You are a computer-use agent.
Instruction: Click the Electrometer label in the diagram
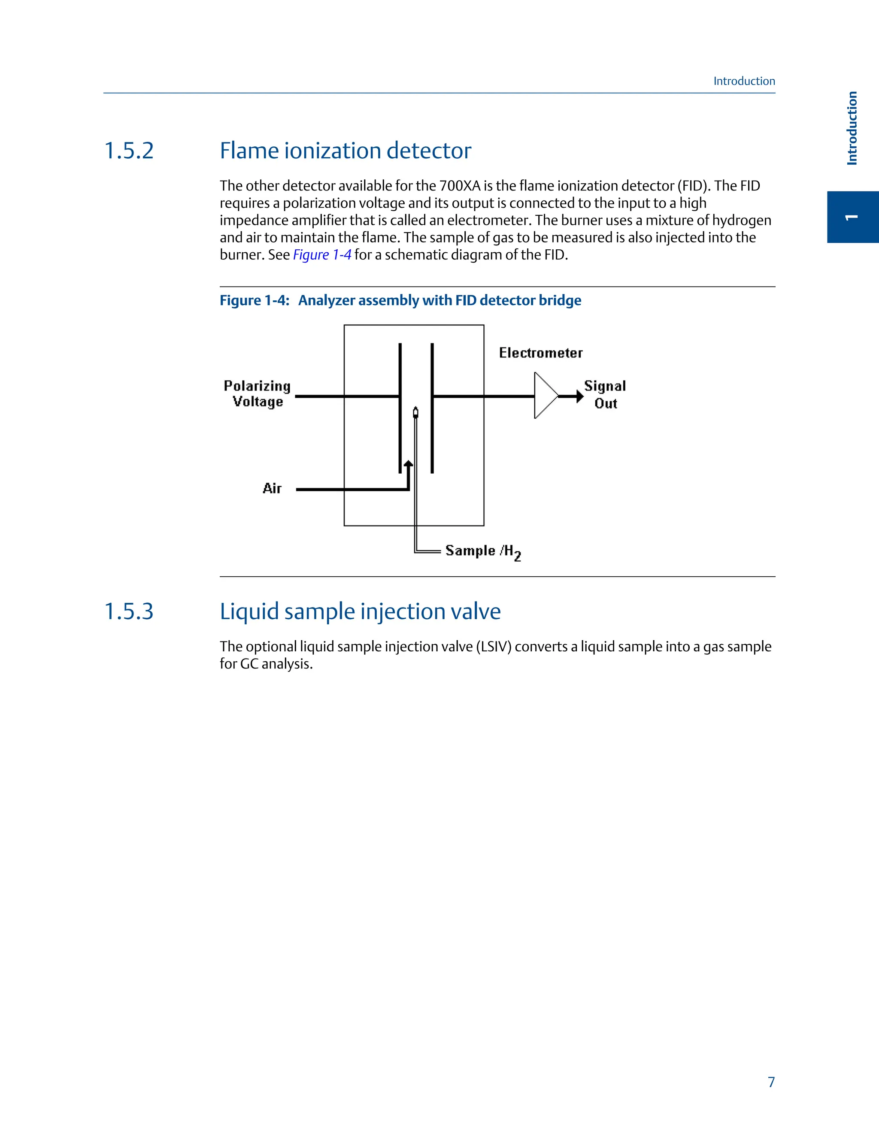coord(540,353)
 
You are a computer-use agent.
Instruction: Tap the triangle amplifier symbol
coord(545,396)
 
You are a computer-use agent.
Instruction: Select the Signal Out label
coord(605,394)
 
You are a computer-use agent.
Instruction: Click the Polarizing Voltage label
coord(257,393)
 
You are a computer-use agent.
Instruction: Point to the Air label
coord(272,488)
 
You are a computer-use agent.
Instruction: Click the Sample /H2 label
coord(483,551)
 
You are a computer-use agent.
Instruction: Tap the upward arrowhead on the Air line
coord(409,464)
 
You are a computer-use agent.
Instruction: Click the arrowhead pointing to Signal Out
coord(579,396)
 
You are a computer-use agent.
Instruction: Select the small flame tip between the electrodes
coord(415,412)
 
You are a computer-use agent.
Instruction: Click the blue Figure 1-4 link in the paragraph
coord(322,255)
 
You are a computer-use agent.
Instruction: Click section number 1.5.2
coord(129,151)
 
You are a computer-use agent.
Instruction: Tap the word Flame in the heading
coord(249,151)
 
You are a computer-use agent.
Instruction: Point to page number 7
coord(771,1083)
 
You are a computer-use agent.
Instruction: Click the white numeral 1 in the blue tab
coord(852,217)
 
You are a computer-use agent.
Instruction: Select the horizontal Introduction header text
coord(744,81)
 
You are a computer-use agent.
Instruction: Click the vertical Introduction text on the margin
coord(852,128)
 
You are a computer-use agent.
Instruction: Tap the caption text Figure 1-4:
coord(254,300)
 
